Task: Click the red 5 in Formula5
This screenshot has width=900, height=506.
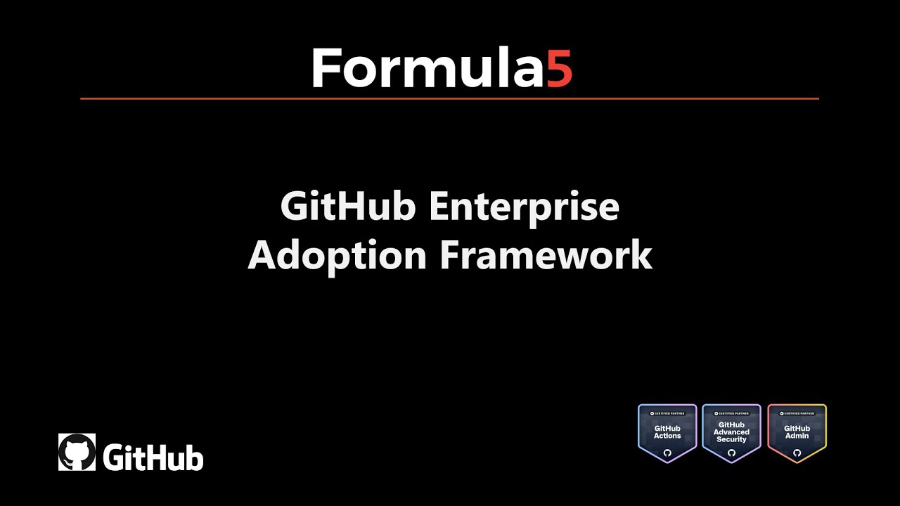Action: pos(560,68)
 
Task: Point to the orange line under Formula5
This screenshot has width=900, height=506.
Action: pos(450,98)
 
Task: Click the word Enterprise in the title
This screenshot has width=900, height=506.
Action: pos(525,207)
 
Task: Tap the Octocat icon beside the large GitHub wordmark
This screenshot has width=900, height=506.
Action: pos(77,452)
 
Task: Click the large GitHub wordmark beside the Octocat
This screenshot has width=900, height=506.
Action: pos(153,458)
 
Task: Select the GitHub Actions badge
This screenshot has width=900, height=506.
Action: pos(667,433)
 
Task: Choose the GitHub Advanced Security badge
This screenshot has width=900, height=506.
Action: pos(731,433)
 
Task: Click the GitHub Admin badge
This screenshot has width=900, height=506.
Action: pos(797,433)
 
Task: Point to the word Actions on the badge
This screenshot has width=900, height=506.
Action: pos(667,436)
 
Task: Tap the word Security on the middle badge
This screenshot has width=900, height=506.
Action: pos(731,440)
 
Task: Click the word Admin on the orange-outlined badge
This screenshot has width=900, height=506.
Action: pos(797,436)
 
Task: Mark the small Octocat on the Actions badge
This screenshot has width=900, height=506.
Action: pos(667,453)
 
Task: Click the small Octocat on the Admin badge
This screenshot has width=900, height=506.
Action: pos(797,453)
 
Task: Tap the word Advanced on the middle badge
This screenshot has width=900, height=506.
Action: pos(731,432)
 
